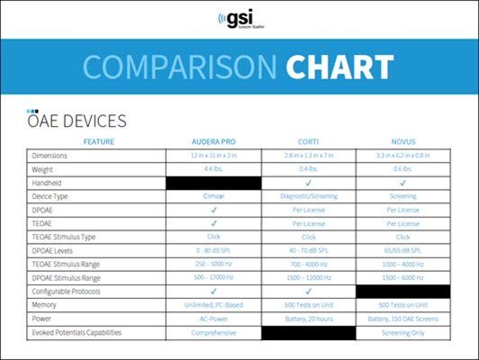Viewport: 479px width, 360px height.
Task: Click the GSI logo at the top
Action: [x=239, y=19]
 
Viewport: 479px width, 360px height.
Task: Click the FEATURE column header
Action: [x=99, y=142]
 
